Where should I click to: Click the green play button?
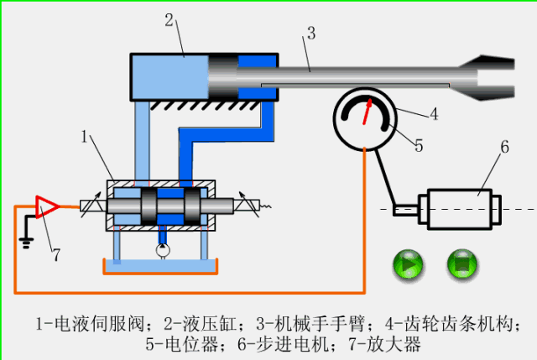(409, 266)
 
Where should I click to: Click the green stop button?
(462, 266)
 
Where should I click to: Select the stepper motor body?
(460, 207)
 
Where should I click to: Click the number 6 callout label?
(504, 147)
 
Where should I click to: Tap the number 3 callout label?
(310, 34)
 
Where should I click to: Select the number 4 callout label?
(434, 112)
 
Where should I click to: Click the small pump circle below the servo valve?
(161, 249)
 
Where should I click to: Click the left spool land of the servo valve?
(149, 206)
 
